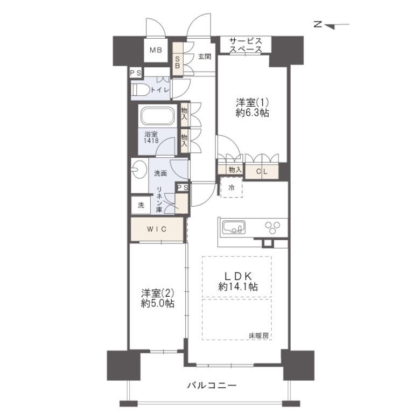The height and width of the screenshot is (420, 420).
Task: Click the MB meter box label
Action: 156,50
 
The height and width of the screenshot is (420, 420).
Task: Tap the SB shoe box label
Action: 177,62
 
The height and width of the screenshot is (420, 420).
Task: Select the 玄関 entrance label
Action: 205,57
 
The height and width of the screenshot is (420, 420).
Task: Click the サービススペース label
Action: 246,45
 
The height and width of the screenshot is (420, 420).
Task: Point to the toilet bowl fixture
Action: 140,89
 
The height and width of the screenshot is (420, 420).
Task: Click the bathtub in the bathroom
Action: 157,116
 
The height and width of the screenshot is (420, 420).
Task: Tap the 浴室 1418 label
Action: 151,137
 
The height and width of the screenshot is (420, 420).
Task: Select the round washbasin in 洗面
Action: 139,169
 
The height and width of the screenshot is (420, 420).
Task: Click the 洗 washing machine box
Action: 141,205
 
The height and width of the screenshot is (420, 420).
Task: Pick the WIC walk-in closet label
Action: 157,229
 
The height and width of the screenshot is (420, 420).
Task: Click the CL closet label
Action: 262,171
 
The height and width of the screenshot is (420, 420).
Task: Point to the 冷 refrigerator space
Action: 232,187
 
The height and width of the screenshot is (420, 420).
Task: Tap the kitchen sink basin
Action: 234,228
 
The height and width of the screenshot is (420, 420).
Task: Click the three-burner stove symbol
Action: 272,227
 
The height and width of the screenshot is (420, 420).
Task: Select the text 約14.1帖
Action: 238,287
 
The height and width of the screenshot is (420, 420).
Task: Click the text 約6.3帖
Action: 253,113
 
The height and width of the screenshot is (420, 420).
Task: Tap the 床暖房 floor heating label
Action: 258,335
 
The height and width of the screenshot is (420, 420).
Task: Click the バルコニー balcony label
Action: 212,386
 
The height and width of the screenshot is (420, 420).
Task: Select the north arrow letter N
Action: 318,25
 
